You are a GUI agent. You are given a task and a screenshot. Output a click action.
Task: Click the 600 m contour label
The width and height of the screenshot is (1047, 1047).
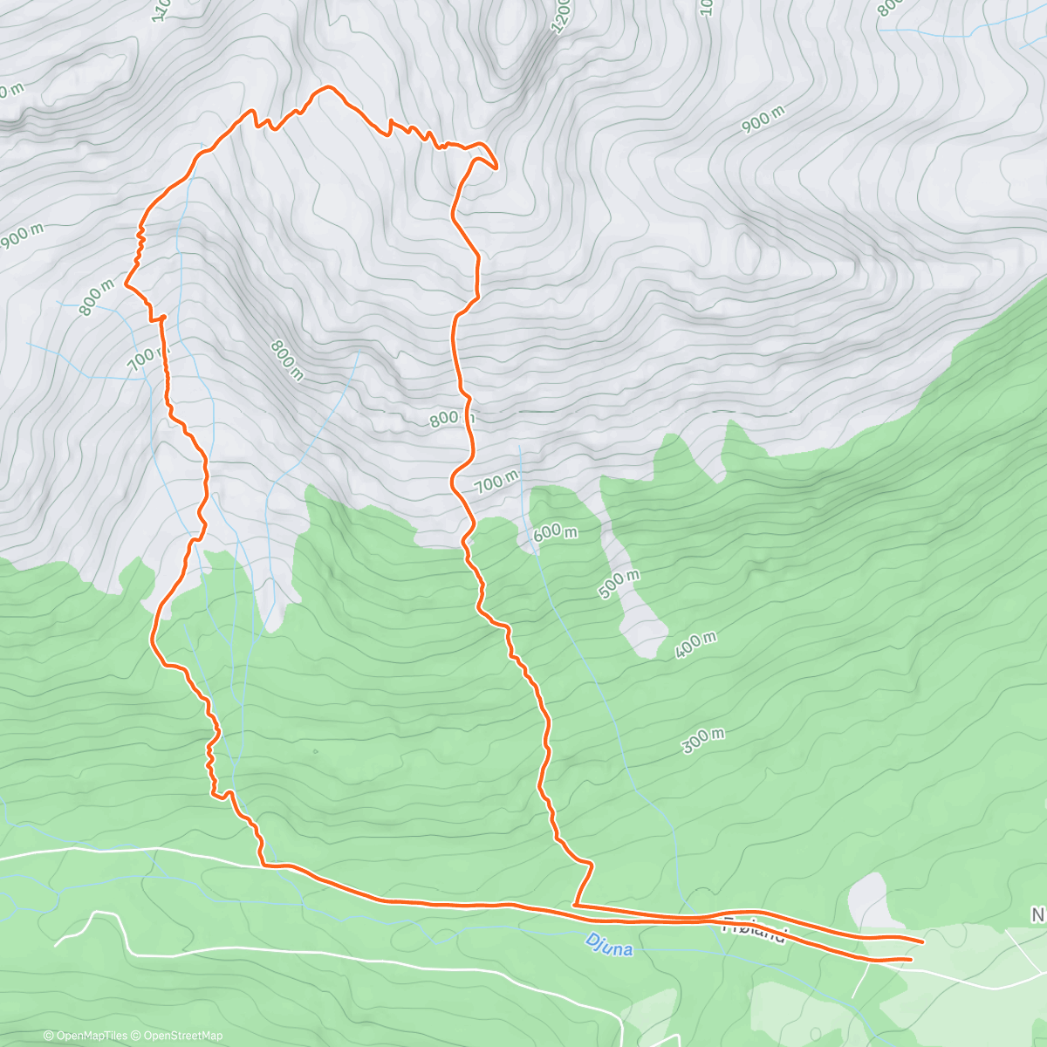click(x=555, y=532)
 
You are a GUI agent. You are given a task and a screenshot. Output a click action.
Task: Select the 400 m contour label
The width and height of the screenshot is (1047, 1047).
click(x=695, y=645)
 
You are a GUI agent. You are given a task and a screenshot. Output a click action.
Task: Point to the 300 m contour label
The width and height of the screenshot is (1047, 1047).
click(x=703, y=741)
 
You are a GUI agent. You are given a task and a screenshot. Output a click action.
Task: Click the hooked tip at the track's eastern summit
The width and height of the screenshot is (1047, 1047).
click(x=495, y=166)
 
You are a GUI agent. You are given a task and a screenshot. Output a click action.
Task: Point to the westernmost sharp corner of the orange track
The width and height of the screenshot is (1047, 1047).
click(x=127, y=284)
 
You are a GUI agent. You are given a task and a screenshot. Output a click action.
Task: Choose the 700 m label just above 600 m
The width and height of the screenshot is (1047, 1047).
click(x=496, y=481)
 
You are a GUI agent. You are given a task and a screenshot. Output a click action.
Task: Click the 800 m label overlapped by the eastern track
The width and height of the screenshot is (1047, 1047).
click(x=451, y=418)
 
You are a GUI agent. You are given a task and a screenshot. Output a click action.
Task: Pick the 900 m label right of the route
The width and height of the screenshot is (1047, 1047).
click(x=764, y=119)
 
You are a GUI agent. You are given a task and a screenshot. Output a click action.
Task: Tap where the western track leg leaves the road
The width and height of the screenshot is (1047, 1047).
click(x=262, y=865)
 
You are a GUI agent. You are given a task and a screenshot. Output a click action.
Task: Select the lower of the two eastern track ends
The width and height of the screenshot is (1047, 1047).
click(x=911, y=959)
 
